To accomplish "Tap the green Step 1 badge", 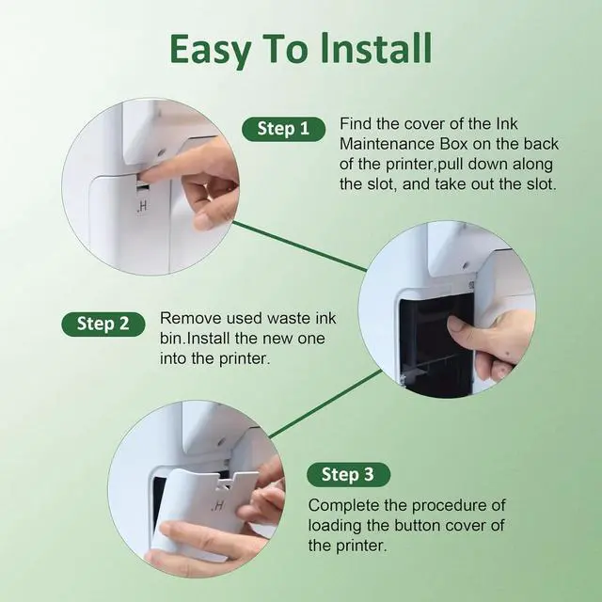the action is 283,129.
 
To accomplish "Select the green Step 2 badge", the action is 103,324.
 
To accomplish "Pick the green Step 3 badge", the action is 348,474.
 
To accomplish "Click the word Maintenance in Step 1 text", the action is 404,144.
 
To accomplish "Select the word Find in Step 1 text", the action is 356,124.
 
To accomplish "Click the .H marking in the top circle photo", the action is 142,207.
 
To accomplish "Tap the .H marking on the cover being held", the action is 217,506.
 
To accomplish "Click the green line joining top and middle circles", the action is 300,246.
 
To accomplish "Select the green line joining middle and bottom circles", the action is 325,404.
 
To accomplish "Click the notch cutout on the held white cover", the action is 226,483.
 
